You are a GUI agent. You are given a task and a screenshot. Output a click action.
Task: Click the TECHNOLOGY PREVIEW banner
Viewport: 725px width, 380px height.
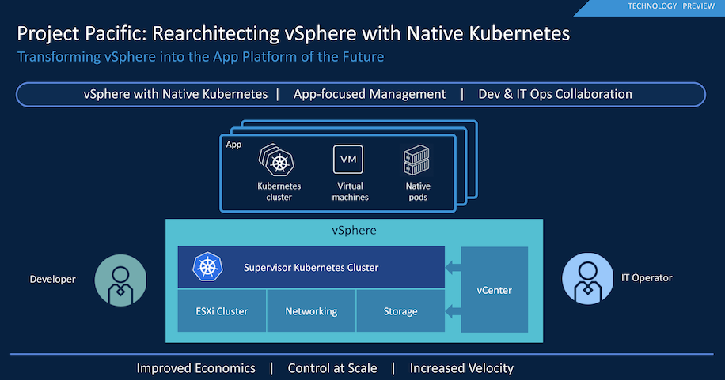[652, 7]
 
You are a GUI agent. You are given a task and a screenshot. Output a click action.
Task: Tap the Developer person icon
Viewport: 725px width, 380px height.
[120, 280]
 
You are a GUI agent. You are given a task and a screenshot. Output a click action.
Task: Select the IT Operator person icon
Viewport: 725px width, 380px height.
[587, 278]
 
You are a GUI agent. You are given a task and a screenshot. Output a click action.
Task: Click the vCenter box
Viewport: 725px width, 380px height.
[494, 289]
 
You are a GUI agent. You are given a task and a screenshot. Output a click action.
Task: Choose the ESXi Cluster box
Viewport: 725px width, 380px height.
[222, 310]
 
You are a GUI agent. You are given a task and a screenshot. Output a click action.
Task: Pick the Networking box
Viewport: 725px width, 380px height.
[311, 310]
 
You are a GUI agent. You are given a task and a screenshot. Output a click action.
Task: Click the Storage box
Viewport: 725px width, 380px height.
[400, 310]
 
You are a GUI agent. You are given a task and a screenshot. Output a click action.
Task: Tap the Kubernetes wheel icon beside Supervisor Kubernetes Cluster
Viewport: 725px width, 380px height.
[207, 267]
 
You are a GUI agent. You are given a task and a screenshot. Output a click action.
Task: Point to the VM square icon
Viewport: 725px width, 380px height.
[348, 160]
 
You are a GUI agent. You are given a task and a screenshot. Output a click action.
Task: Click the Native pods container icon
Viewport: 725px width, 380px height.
[416, 160]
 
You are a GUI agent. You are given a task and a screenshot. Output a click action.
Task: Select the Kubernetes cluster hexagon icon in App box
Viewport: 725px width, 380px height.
[276, 160]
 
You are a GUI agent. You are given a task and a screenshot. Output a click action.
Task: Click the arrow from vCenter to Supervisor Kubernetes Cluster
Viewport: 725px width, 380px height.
[453, 267]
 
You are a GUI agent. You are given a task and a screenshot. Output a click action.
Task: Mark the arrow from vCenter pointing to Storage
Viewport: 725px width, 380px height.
[453, 310]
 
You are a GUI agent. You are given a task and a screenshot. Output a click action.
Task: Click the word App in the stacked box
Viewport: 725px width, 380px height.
[233, 145]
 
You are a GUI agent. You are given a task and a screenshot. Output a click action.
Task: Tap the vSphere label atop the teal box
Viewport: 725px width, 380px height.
[354, 230]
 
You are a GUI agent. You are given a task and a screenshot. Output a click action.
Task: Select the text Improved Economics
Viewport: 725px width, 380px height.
[196, 368]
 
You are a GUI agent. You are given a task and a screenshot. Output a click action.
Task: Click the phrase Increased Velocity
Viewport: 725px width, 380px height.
[461, 368]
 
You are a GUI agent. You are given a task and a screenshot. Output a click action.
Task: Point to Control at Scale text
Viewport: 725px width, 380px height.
[332, 368]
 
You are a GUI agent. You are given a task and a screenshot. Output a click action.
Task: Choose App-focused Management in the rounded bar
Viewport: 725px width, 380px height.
[370, 94]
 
